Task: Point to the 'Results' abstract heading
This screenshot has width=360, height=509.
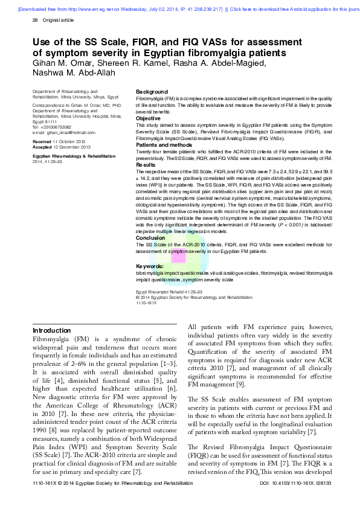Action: click(x=146, y=164)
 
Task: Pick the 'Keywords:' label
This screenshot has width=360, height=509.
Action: click(x=150, y=266)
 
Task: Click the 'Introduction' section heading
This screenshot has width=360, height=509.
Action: click(x=51, y=330)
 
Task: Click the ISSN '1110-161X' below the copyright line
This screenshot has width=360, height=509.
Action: click(x=148, y=302)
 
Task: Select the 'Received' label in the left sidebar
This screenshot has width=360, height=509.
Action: click(x=42, y=140)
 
